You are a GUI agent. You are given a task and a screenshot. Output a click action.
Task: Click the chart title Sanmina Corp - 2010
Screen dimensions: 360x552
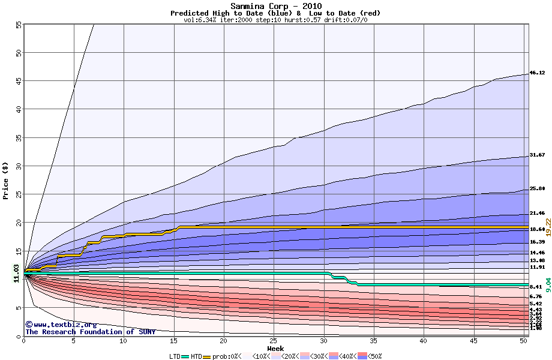tap(275, 6)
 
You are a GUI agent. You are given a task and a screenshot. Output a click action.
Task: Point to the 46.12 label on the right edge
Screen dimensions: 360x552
tap(537, 73)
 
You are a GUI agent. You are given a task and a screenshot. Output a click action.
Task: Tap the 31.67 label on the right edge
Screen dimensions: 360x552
tap(537, 155)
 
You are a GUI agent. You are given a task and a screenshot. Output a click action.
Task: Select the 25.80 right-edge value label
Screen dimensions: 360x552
tap(537, 189)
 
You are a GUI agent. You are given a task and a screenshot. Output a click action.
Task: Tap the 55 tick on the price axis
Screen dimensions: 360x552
tap(19, 25)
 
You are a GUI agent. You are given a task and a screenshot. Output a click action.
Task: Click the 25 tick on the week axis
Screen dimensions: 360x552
tap(274, 341)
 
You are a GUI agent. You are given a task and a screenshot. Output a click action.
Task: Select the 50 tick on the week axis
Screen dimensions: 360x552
tap(523, 341)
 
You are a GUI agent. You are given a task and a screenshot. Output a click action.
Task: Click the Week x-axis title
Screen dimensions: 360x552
tap(275, 349)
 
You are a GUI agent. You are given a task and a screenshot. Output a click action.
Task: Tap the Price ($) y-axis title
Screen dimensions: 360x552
tap(6, 181)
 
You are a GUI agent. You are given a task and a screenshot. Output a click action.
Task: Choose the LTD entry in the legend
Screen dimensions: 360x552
tap(175, 356)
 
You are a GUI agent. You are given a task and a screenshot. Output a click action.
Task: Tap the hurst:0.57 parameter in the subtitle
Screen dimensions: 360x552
tap(305, 20)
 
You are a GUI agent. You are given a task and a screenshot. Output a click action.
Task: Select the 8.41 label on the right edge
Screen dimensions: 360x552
tap(537, 287)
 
